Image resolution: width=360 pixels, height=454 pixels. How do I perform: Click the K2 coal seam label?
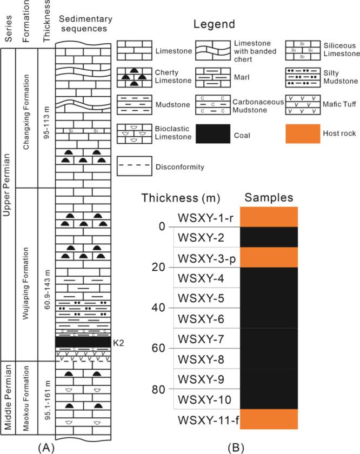tap(117, 342)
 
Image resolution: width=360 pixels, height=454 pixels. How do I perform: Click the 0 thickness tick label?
tap(163, 227)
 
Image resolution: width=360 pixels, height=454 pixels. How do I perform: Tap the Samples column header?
tap(269, 197)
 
